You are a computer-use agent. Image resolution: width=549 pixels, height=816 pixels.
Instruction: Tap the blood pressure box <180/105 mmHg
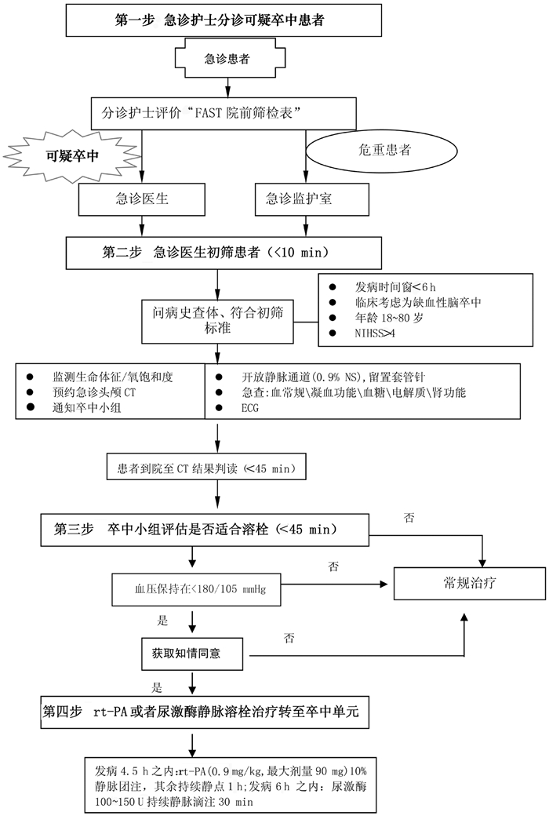(x=197, y=587)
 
